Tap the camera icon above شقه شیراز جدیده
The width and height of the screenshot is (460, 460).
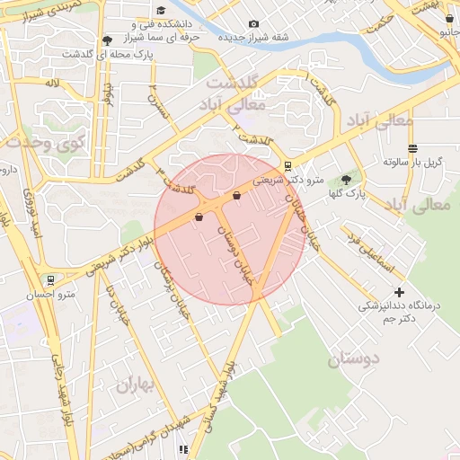pos(253,23)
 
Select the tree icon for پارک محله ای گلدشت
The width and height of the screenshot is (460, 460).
pos(108,40)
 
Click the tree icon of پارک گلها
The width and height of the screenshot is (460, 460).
pos(346,180)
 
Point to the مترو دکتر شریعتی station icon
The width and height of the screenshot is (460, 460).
pos(287,165)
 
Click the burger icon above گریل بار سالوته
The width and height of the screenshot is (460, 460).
pos(412,148)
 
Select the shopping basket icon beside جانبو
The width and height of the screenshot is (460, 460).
pos(449,18)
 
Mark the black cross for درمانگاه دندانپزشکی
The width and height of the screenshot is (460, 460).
pos(399,292)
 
